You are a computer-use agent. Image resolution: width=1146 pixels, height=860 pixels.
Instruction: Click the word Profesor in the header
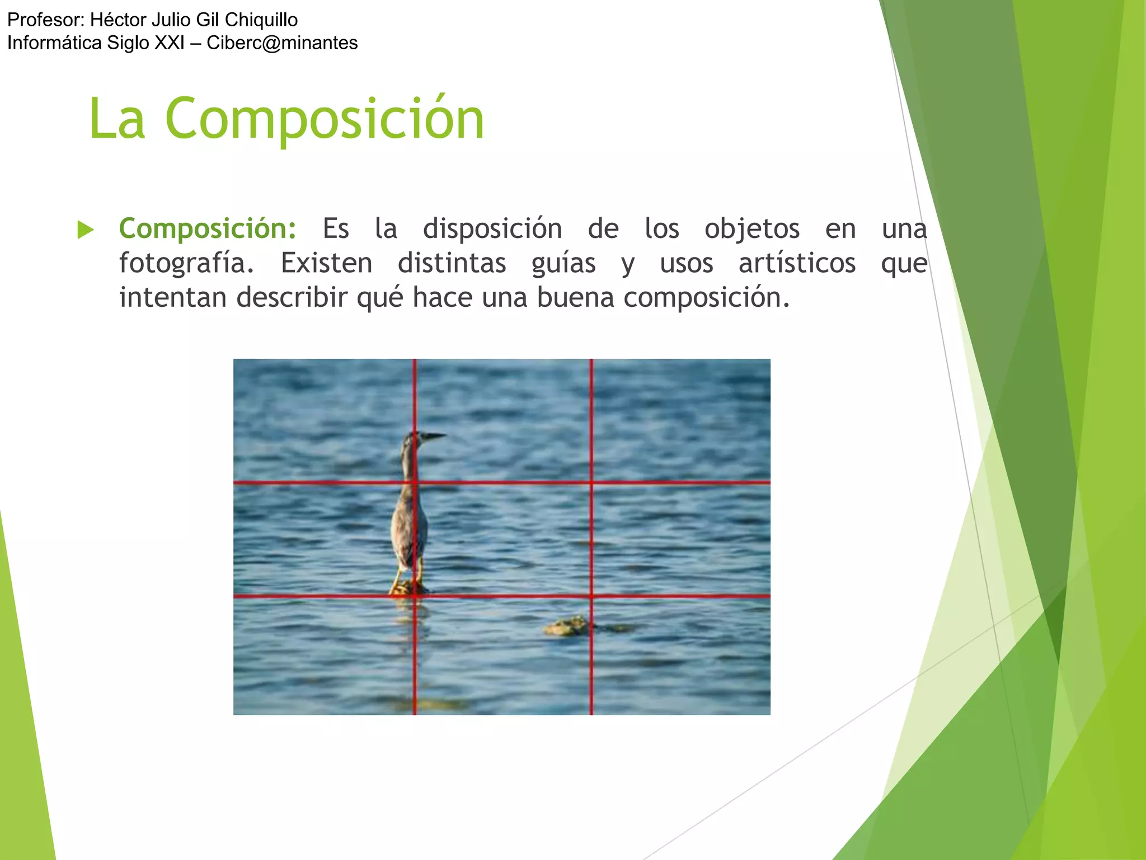45,20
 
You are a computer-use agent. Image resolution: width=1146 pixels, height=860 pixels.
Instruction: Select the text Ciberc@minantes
282,43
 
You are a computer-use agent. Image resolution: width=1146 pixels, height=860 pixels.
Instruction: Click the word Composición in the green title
325,119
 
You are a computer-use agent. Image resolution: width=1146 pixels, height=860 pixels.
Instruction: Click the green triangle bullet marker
85,230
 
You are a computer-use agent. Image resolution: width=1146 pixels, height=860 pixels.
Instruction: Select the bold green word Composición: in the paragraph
208,229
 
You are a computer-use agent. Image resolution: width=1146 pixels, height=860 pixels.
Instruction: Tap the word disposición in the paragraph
492,229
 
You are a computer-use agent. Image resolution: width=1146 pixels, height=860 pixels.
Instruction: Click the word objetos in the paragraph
752,229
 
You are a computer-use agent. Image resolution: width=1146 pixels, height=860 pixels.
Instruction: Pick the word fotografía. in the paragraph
187,263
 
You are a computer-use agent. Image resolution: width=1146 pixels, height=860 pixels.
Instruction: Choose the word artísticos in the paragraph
797,263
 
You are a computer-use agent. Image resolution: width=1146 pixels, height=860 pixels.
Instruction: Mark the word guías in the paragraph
563,263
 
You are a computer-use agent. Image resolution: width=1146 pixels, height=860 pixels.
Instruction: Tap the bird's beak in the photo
434,435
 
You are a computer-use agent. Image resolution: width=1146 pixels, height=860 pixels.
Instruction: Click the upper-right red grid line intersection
591,482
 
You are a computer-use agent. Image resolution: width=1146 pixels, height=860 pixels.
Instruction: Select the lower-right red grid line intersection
591,596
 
